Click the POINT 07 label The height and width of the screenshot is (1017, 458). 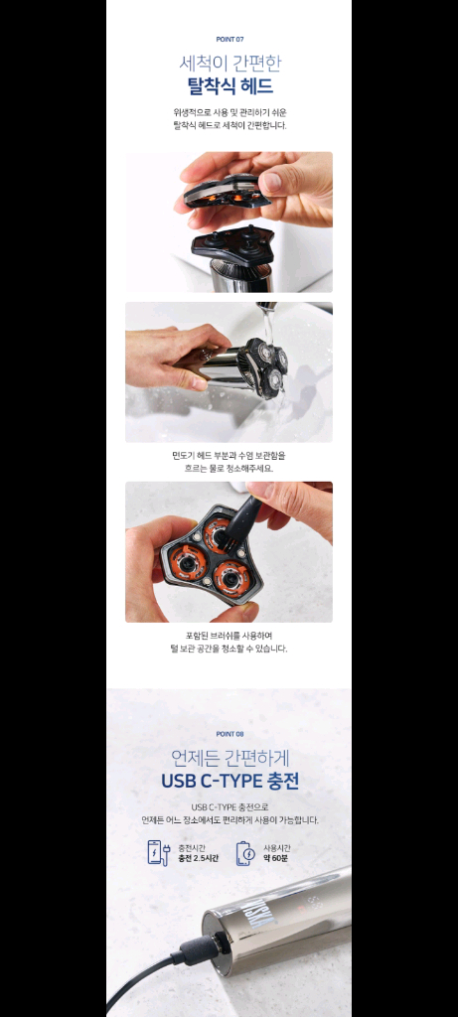point(229,39)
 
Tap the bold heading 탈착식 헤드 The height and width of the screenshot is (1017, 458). point(229,86)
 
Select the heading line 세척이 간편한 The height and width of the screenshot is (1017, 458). point(229,63)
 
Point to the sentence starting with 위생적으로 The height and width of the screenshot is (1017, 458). point(229,112)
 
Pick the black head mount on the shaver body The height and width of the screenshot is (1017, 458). point(233,242)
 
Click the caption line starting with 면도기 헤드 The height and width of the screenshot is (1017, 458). point(229,455)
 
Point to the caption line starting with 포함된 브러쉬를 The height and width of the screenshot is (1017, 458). point(229,636)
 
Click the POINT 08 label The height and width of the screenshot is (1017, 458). point(229,734)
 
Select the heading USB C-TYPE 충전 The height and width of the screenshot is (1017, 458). point(229,781)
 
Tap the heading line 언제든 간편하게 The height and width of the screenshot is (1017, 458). point(229,757)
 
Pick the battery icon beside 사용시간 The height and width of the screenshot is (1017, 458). point(245,853)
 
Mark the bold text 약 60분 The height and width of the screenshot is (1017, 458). point(277,858)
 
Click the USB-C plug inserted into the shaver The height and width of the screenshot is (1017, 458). point(200,949)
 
